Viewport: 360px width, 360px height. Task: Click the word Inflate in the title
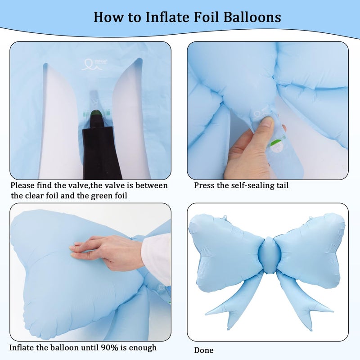click(167, 17)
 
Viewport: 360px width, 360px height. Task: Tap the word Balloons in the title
click(252, 17)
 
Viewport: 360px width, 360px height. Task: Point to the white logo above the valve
click(94, 64)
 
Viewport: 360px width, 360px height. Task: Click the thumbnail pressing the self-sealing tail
click(267, 121)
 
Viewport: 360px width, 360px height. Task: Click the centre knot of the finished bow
click(269, 255)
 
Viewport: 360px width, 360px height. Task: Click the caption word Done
click(204, 350)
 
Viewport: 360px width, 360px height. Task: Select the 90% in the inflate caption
click(109, 347)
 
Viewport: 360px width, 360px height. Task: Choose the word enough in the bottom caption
click(143, 348)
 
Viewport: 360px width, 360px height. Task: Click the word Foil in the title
click(206, 17)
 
